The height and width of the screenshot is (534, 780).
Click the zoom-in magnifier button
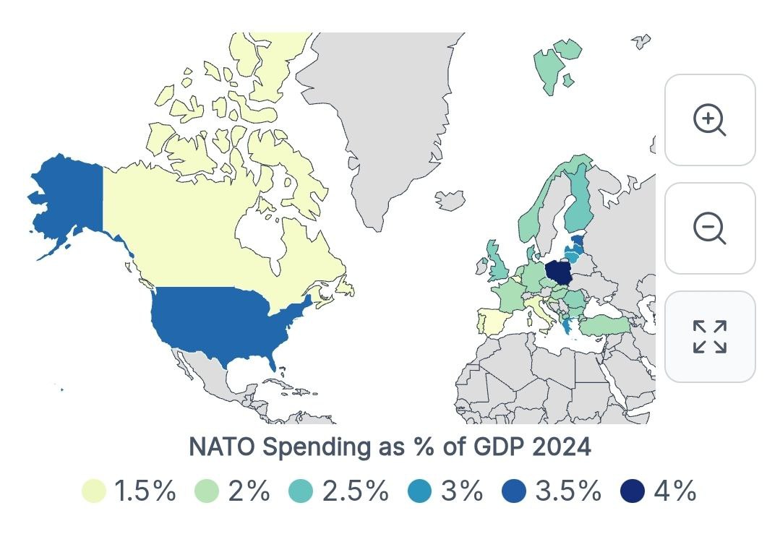(x=709, y=120)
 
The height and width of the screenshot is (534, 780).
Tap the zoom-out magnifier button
(x=709, y=228)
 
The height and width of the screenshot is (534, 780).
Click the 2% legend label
(x=249, y=491)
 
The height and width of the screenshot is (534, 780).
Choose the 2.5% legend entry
(x=355, y=491)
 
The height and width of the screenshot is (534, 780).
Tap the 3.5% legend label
(x=568, y=491)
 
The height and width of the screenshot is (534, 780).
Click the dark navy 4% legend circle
(x=633, y=491)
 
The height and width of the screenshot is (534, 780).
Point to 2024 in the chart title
(x=562, y=447)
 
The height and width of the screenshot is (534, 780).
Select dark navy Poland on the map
(x=559, y=272)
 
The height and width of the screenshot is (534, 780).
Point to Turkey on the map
(x=604, y=326)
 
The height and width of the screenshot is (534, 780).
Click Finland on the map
(x=578, y=203)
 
